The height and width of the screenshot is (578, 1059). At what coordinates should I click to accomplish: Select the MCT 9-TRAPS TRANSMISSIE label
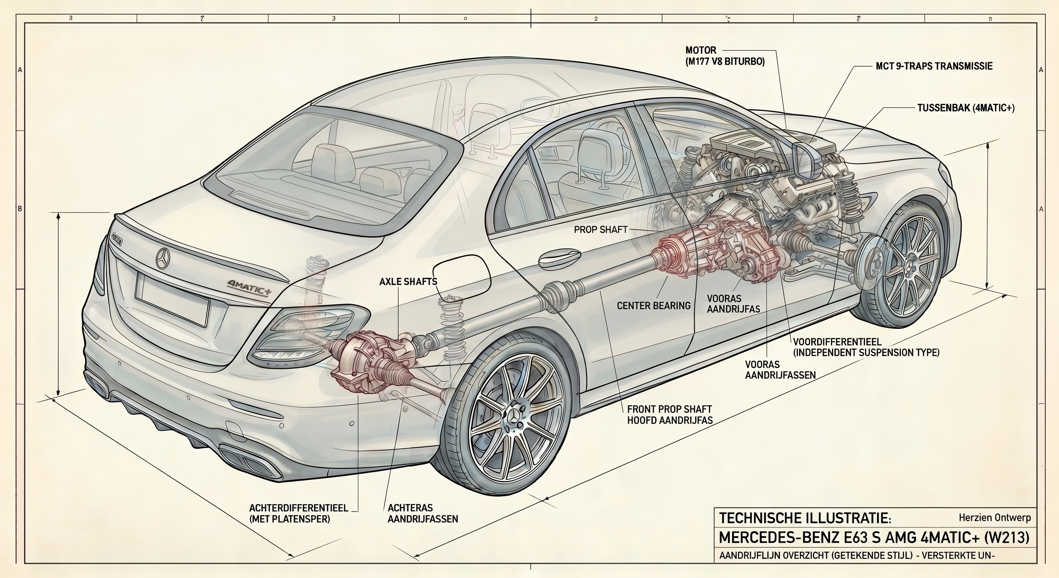click(x=934, y=66)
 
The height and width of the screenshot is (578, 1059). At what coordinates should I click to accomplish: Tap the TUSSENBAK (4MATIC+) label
click(x=966, y=108)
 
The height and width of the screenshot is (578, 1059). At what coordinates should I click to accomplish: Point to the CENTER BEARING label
click(x=653, y=306)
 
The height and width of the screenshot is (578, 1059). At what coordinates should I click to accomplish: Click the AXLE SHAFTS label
click(x=408, y=281)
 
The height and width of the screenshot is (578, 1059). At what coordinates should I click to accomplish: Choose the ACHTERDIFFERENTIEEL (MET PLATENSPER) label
click(x=299, y=514)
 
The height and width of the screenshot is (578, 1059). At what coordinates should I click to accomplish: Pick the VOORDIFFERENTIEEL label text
click(x=837, y=342)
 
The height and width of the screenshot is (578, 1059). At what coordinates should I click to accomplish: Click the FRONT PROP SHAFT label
click(x=669, y=409)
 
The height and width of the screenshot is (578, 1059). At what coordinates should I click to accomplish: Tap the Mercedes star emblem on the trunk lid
click(x=163, y=258)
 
